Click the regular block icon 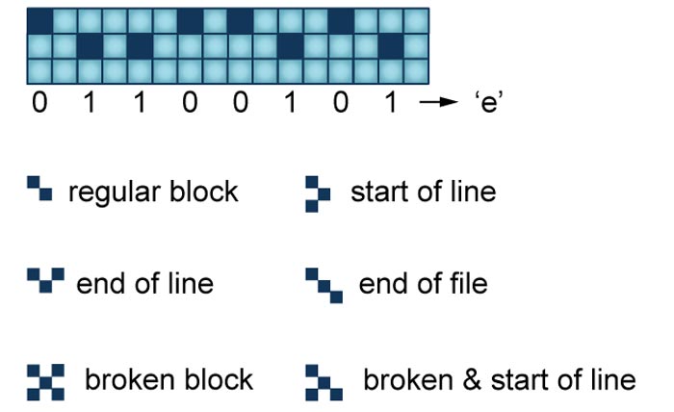click(39, 188)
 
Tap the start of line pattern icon click(318, 194)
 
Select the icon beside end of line click(45, 280)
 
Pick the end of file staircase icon click(324, 286)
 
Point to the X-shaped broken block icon click(45, 382)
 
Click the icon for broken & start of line click(324, 382)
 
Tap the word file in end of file click(466, 283)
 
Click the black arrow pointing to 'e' click(438, 102)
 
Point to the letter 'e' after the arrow click(489, 104)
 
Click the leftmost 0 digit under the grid click(39, 103)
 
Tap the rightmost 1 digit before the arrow click(390, 103)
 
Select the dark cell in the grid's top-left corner click(39, 21)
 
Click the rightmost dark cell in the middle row click(391, 46)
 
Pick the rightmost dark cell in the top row click(341, 21)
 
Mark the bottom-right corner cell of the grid click(416, 71)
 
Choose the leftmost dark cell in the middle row click(90, 46)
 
